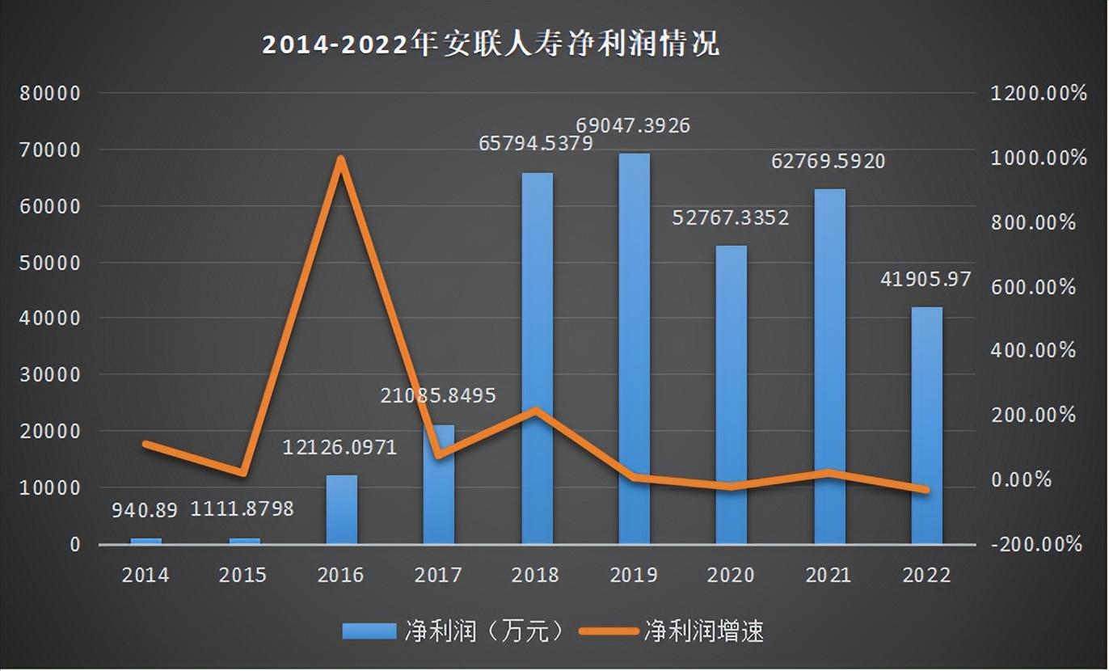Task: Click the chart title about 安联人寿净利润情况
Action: point(489,44)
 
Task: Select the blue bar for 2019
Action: point(635,348)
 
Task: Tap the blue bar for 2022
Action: point(927,424)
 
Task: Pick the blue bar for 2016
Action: point(341,509)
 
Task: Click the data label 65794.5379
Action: point(536,144)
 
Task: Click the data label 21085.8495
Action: point(437,396)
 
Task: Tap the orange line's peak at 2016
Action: point(341,159)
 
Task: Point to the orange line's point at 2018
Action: point(537,410)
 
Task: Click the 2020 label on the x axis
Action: point(731,575)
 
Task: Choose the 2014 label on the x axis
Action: point(145,575)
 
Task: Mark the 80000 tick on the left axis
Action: point(50,93)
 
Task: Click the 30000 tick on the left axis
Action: point(50,375)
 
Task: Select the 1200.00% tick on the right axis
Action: point(1039,93)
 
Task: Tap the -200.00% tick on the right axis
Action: point(1039,544)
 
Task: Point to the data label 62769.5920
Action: point(829,161)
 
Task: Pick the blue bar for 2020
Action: point(732,395)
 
